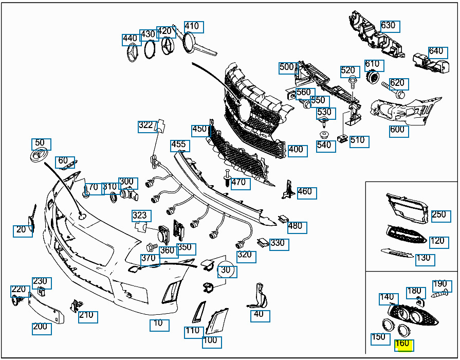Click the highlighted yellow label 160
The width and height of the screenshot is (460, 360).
[403, 344]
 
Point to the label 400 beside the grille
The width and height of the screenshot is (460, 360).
[297, 150]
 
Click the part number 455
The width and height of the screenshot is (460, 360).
[179, 146]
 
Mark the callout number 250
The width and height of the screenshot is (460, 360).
[438, 215]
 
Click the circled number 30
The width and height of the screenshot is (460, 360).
[226, 270]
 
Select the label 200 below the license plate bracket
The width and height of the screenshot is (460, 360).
[40, 327]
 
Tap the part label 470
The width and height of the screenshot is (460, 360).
[239, 183]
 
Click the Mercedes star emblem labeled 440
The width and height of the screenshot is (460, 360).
[133, 53]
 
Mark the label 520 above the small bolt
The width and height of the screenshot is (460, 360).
[348, 71]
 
